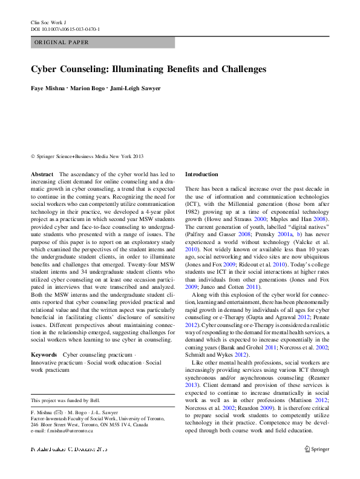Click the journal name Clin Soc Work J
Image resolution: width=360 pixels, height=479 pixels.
(x=48, y=21)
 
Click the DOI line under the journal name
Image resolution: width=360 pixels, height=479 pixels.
(x=65, y=29)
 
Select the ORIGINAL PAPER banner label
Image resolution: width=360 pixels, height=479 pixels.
(x=62, y=42)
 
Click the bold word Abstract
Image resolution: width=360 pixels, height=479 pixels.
(x=42, y=174)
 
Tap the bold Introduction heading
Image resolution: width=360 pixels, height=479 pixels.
(x=201, y=174)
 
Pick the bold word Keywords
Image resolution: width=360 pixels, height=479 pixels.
(x=44, y=354)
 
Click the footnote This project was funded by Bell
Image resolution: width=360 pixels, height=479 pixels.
(x=65, y=400)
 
